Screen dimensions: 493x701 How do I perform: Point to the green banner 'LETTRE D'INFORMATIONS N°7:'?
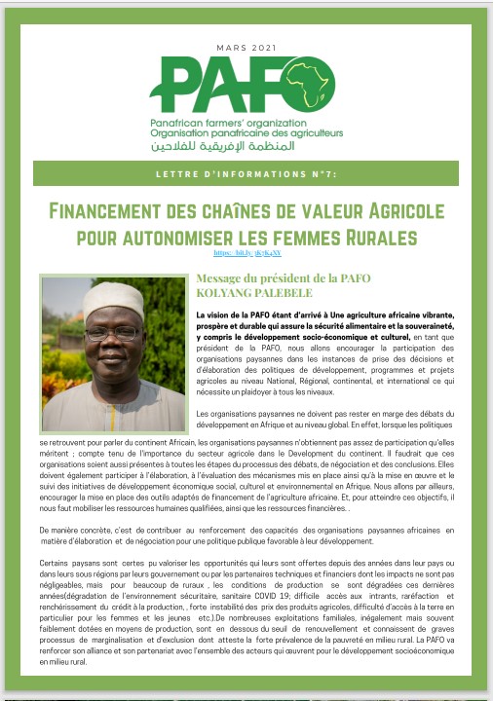coord(246,174)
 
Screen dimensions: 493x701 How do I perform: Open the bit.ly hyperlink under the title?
coord(246,254)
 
